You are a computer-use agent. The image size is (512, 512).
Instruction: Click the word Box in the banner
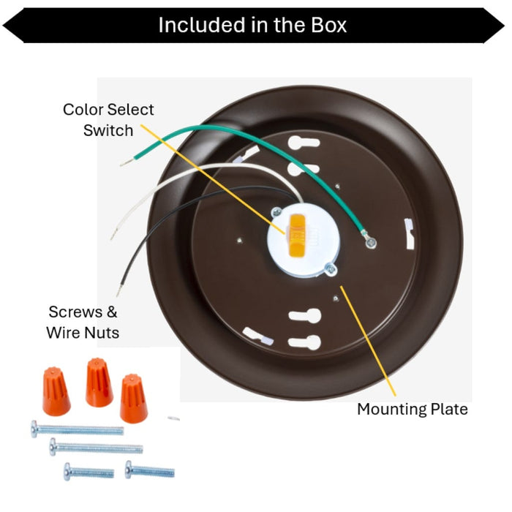pyautogui.click(x=329, y=25)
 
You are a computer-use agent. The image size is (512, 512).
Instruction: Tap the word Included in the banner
pyautogui.click(x=201, y=25)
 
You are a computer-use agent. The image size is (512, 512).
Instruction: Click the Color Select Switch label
pyautogui.click(x=108, y=120)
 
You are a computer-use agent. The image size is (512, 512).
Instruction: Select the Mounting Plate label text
pyautogui.click(x=413, y=410)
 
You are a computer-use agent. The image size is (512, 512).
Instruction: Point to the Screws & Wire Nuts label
pyautogui.click(x=83, y=323)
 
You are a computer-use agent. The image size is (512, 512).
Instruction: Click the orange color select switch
pyautogui.click(x=296, y=235)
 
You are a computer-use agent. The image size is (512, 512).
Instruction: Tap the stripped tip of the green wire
pyautogui.click(x=127, y=162)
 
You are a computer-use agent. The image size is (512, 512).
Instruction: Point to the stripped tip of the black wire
pyautogui.click(x=118, y=290)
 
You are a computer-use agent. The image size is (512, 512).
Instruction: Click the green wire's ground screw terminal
pyautogui.click(x=371, y=242)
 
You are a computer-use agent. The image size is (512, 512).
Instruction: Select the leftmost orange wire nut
pyautogui.click(x=56, y=391)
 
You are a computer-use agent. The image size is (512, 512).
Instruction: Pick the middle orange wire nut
pyautogui.click(x=99, y=383)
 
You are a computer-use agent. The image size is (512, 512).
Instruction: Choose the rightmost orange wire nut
pyautogui.click(x=133, y=399)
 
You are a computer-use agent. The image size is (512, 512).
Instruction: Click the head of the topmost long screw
pyautogui.click(x=34, y=429)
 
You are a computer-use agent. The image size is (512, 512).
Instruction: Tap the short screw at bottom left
pyautogui.click(x=89, y=472)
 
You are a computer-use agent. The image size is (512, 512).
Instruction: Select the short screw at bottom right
pyautogui.click(x=149, y=470)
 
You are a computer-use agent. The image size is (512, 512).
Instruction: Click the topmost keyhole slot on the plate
pyautogui.click(x=304, y=143)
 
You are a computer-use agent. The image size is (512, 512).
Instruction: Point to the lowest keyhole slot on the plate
pyautogui.click(x=304, y=342)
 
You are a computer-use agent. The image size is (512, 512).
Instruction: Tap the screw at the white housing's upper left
pyautogui.click(x=276, y=212)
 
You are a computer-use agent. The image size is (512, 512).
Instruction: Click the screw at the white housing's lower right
pyautogui.click(x=331, y=269)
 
